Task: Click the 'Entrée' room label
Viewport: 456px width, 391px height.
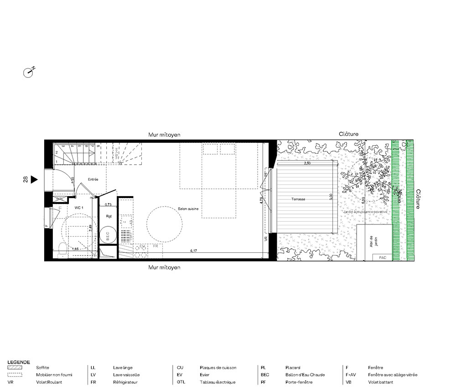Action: [93, 179]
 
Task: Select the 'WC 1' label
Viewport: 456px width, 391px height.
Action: [79, 208]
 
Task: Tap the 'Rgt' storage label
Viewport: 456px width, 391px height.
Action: [109, 216]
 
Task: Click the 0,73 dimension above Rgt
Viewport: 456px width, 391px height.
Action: [109, 205]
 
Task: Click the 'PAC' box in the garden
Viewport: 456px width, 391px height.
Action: [382, 257]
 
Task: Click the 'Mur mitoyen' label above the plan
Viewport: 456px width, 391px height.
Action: [165, 135]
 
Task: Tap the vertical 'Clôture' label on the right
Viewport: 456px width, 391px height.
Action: [418, 199]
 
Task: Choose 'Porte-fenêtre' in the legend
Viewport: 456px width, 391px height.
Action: [299, 382]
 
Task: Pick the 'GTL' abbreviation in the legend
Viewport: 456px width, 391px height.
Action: [181, 382]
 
